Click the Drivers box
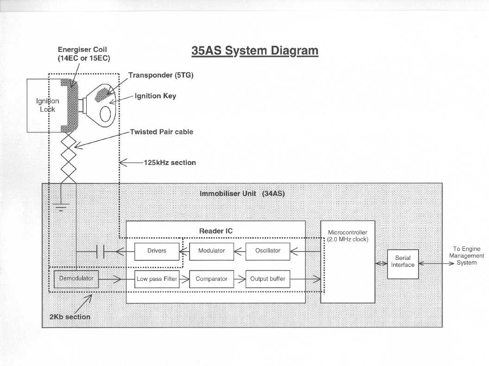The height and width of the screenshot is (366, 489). [157, 251]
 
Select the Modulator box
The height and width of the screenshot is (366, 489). [211, 251]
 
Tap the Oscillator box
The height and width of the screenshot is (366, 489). [267, 251]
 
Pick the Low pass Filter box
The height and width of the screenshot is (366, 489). [157, 279]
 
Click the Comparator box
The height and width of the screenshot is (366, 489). [211, 279]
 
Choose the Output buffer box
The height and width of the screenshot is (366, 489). [267, 279]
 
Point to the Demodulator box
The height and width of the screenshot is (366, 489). [76, 279]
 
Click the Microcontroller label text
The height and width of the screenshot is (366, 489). [348, 236]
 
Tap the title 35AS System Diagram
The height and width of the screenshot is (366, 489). [255, 50]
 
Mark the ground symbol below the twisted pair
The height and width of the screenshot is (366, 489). [61, 208]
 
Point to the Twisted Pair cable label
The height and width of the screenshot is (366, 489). [161, 132]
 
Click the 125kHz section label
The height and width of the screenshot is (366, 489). [170, 163]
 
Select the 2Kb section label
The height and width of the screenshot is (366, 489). [70, 317]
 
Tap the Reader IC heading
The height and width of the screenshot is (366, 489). [216, 231]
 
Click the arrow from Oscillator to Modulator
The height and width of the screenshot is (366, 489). [240, 252]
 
